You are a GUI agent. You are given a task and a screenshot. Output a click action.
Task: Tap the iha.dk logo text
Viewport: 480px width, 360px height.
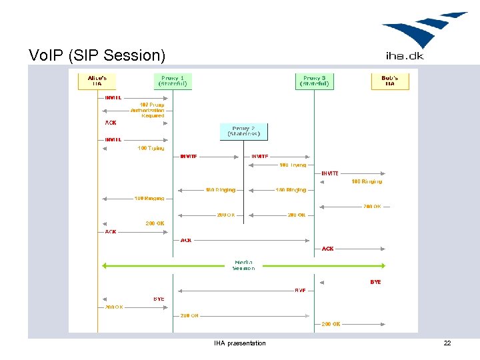[x=405, y=55]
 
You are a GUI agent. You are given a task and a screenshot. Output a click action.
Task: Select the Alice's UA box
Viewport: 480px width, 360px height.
[x=97, y=81]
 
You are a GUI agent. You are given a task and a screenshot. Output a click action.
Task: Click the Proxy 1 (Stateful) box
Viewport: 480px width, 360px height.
[x=173, y=81]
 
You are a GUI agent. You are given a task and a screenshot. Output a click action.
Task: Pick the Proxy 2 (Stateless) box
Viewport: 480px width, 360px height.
[x=243, y=131]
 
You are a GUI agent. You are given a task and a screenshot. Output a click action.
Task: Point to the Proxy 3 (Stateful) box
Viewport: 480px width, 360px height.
[x=315, y=81]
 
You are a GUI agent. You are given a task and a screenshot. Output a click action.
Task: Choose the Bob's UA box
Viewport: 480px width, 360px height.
[x=389, y=81]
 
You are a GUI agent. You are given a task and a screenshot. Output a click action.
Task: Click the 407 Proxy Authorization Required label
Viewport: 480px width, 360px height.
[x=147, y=110]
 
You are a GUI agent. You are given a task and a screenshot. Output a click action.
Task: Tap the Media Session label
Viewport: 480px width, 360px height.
[x=243, y=265]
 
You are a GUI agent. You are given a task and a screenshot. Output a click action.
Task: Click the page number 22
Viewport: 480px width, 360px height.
[x=447, y=343]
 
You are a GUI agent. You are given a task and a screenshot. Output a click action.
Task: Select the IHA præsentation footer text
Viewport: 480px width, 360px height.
[x=239, y=343]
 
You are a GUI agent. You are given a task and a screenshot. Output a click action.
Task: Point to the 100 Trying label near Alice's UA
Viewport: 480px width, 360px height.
[x=151, y=148]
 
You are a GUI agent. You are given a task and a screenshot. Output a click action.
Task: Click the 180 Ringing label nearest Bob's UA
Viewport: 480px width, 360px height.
[x=367, y=181]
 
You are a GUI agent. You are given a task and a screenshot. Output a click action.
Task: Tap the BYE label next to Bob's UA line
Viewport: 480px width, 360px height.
[x=375, y=282]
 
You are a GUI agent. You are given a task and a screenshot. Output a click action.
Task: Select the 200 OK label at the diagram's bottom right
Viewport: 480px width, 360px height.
[x=331, y=324]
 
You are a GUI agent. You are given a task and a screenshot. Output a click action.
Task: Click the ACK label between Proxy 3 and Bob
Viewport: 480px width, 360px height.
[x=327, y=249]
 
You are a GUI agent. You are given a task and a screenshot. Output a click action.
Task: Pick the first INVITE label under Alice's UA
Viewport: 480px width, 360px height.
[x=113, y=97]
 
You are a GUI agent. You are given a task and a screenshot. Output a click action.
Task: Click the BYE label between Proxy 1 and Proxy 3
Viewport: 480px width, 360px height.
[x=300, y=290]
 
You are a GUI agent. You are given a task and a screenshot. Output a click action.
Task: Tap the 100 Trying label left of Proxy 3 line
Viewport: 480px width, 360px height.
[x=293, y=165]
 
